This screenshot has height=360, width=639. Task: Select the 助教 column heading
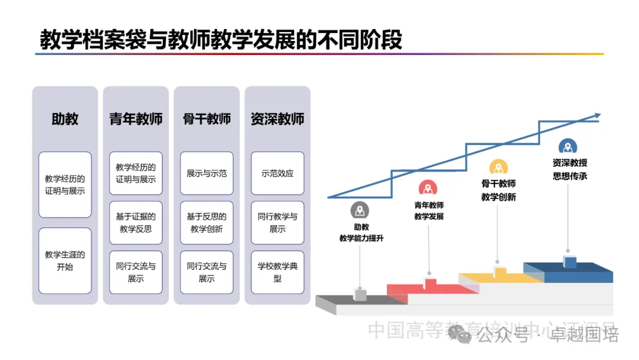tap(65, 119)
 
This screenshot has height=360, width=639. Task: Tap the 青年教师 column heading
tap(135, 119)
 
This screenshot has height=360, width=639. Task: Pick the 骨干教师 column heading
tap(206, 119)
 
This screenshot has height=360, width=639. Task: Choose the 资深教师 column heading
tap(277, 119)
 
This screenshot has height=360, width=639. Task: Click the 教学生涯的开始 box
tap(65, 261)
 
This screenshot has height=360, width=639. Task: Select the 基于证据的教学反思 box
tap(135, 223)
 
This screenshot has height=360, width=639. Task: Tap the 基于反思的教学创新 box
tap(206, 223)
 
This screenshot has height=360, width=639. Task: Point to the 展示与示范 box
tap(206, 173)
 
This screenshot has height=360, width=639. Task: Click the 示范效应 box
tap(277, 173)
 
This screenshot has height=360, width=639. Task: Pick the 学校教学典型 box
tap(277, 272)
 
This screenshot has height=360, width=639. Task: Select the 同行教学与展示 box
tap(277, 223)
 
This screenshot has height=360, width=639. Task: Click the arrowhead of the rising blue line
tap(597, 115)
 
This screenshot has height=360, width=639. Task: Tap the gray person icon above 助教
tap(360, 210)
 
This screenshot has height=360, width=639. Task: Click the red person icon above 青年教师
tap(428, 188)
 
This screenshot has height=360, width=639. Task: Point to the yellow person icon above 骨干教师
tap(498, 168)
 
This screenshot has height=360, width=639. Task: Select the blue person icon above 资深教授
tap(568, 147)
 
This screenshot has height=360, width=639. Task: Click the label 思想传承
tap(570, 176)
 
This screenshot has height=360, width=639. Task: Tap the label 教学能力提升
tap(361, 239)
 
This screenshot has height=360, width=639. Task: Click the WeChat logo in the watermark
tap(460, 335)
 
